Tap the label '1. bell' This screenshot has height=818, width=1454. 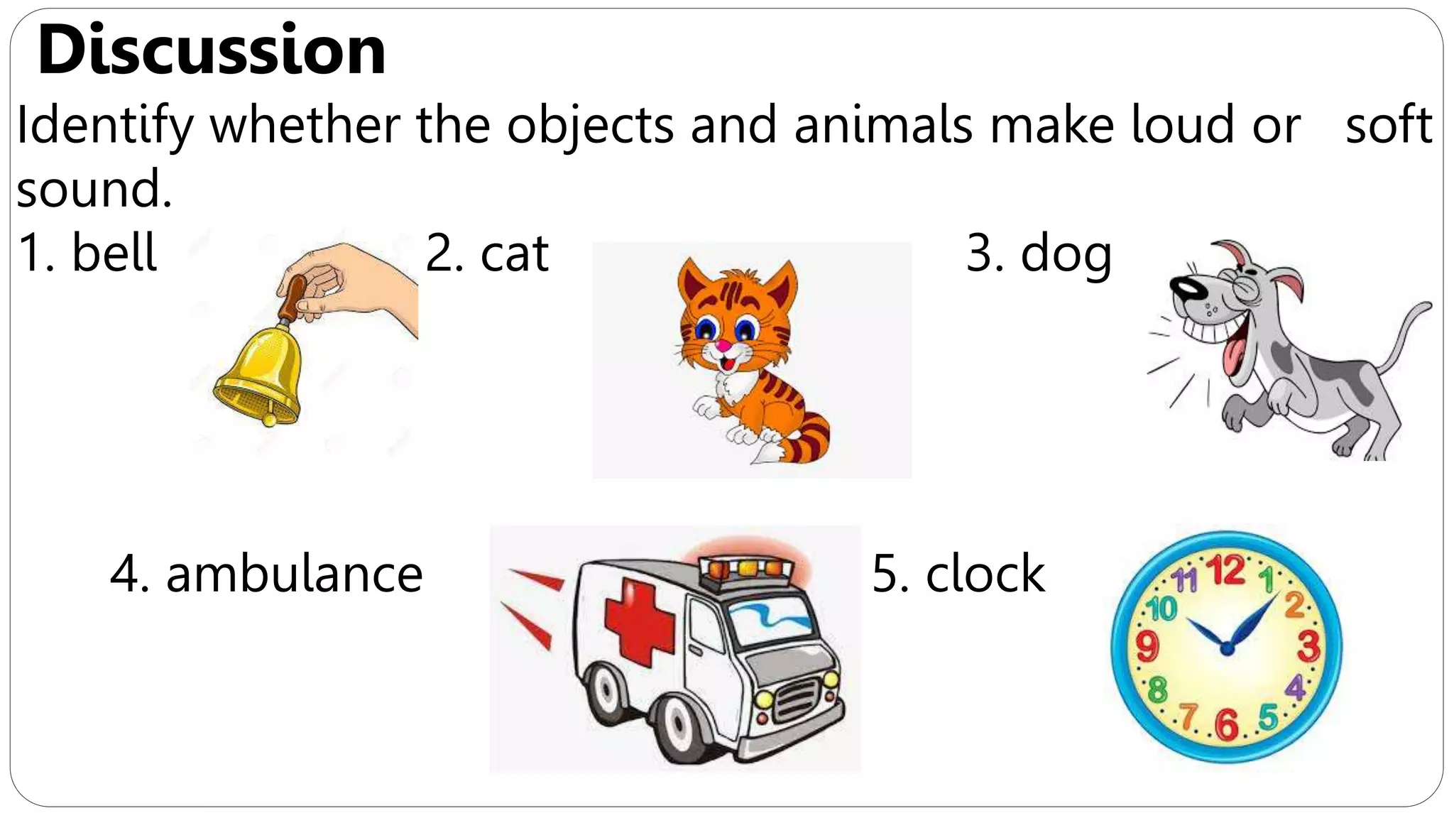coord(87,253)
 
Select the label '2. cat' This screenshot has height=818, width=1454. coord(487,253)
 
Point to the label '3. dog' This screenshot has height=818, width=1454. coord(1039,254)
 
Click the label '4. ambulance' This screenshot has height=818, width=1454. coord(266,574)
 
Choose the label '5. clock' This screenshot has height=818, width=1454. coord(958,574)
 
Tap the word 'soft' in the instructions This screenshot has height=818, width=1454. coord(1388,125)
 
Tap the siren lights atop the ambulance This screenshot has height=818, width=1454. coord(745,569)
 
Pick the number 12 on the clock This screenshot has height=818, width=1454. coord(1226,570)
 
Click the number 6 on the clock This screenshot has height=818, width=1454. coord(1226,724)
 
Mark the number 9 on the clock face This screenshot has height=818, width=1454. coord(1147,646)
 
